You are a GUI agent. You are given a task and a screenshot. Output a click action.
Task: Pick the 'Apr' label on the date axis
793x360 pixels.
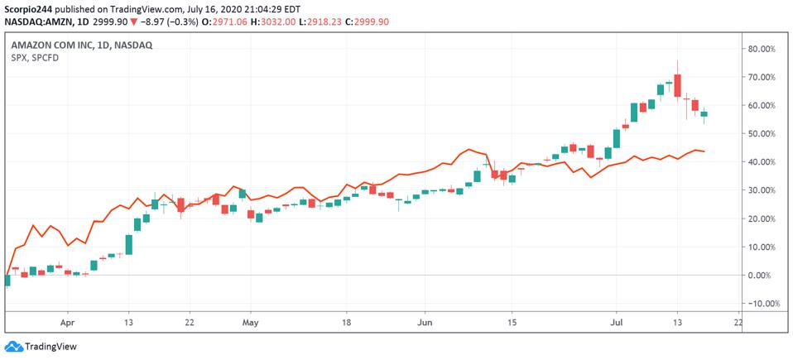(67, 323)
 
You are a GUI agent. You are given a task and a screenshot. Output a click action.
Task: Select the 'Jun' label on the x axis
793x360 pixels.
(425, 323)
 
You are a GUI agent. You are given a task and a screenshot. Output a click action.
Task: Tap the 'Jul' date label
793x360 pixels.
(617, 323)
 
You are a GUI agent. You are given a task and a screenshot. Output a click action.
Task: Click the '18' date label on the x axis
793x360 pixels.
(346, 323)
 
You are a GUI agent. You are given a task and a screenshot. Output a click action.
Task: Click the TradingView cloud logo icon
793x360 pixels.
(13, 347)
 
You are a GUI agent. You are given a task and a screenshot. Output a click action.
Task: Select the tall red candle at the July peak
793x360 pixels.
(678, 85)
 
